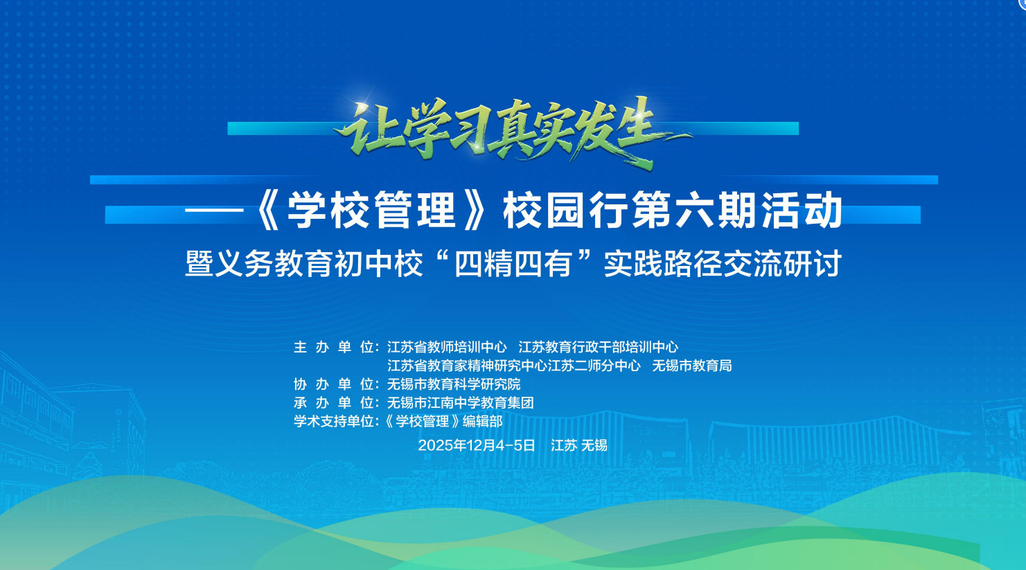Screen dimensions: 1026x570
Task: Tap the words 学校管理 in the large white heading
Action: pyautogui.click(x=371, y=210)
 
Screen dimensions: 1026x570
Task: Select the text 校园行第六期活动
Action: pyautogui.click(x=673, y=210)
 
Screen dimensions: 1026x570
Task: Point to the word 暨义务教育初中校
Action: pyautogui.click(x=303, y=264)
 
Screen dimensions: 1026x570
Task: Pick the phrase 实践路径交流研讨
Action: pyautogui.click(x=723, y=264)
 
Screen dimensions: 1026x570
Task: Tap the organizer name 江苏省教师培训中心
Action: pyautogui.click(x=447, y=347)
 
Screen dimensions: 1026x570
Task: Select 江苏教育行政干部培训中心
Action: pyautogui.click(x=598, y=347)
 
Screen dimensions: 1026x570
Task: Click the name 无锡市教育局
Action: pyautogui.click(x=691, y=366)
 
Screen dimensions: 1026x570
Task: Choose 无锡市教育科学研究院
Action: pyautogui.click(x=454, y=384)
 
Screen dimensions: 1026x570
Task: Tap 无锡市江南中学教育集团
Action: pyautogui.click(x=460, y=402)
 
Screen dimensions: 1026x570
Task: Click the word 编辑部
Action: pyautogui.click(x=482, y=421)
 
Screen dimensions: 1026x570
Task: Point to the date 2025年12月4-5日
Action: pyautogui.click(x=477, y=445)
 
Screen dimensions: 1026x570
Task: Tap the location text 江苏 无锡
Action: pyautogui.click(x=579, y=445)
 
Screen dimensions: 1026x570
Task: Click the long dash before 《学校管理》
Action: pyautogui.click(x=214, y=210)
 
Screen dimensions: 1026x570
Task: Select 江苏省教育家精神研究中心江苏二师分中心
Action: pyautogui.click(x=513, y=366)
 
